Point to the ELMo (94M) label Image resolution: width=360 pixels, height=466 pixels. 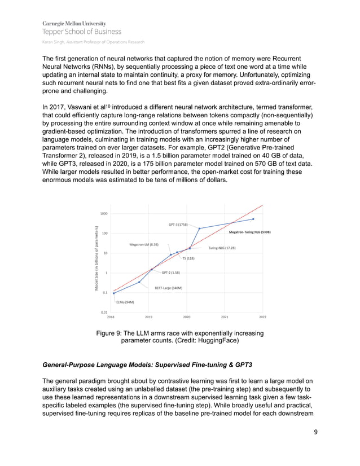click(x=125, y=302)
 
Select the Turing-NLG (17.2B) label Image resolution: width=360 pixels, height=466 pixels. click(x=222, y=248)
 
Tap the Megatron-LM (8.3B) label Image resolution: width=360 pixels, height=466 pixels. click(x=144, y=245)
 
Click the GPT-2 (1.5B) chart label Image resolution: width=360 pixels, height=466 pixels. click(x=171, y=272)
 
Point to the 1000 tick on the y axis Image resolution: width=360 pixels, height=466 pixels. click(x=104, y=213)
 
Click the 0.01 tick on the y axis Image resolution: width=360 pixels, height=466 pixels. click(x=104, y=312)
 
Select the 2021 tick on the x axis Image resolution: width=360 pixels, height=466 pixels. click(x=225, y=318)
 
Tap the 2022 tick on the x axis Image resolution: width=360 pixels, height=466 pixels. click(x=262, y=318)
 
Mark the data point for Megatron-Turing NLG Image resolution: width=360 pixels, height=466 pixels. click(x=253, y=219)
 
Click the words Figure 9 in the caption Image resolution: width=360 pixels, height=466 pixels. click(x=113, y=333)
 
